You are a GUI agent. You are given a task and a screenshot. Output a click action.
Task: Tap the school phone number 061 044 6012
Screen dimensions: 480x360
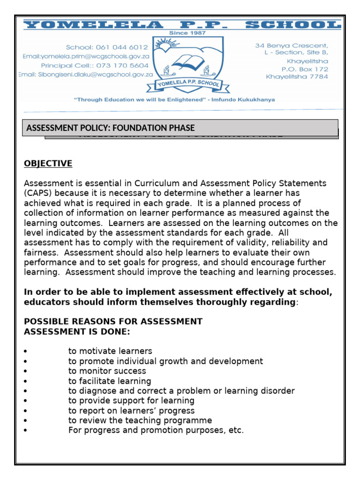point(107,47)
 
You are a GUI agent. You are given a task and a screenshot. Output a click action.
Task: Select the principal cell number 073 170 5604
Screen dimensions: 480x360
point(95,66)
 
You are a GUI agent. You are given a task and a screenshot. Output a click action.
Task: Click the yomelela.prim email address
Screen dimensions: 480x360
point(86,56)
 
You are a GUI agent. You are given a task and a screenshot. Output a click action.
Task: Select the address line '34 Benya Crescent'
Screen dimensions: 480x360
point(291,46)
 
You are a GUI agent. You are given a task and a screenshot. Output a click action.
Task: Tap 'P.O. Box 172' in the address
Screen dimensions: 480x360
point(305,69)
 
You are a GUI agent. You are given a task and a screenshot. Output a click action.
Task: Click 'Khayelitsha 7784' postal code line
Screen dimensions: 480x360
point(297,77)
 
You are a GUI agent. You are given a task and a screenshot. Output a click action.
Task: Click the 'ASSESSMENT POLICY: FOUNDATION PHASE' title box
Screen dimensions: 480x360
point(180,128)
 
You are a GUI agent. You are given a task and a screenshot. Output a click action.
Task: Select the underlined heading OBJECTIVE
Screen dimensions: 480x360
point(48,164)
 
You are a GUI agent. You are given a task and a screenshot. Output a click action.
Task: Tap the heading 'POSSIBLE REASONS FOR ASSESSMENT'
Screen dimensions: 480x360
point(113,322)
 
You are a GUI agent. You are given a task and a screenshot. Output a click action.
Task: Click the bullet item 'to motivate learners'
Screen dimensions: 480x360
point(110,351)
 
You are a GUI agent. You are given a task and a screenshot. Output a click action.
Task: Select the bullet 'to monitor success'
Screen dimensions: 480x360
point(107,371)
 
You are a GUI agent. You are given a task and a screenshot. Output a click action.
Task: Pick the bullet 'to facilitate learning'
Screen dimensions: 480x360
point(110,381)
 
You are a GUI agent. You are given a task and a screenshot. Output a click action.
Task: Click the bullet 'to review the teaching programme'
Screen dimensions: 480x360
point(140,420)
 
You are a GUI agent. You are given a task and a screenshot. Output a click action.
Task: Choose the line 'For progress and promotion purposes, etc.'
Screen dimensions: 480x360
point(156,430)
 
